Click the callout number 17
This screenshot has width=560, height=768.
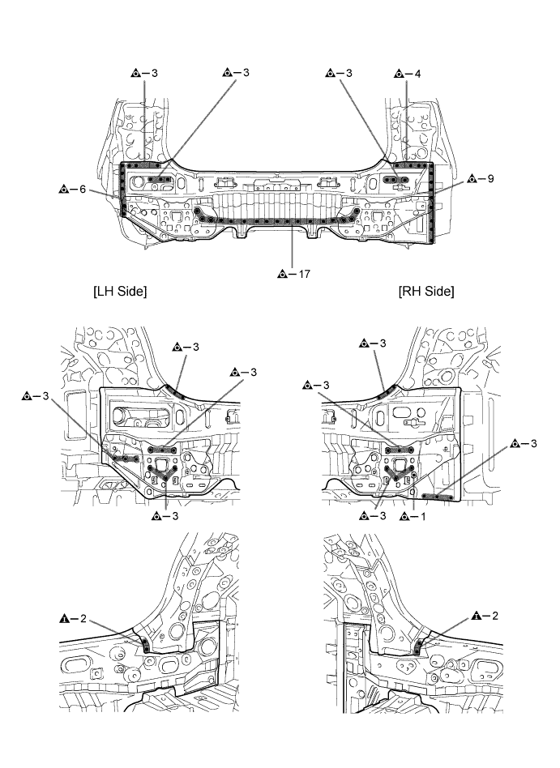coord(304,274)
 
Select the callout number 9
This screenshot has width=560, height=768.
coord(490,179)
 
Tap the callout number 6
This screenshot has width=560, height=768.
coord(83,189)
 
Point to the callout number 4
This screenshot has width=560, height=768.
coord(417,74)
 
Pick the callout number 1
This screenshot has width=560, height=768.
coord(423,516)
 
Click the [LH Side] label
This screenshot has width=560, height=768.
coord(120,291)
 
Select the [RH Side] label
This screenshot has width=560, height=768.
coord(427,291)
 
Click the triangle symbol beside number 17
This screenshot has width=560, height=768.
coord(282,275)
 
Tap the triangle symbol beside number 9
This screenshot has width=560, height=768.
coord(472,179)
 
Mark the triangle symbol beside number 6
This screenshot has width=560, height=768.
coord(64,189)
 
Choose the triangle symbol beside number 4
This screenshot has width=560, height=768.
coord(399,74)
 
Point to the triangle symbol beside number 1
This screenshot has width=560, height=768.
coord(404,516)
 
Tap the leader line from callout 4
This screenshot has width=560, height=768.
coord(407,122)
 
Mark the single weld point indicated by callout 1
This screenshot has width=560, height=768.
coord(414,474)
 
